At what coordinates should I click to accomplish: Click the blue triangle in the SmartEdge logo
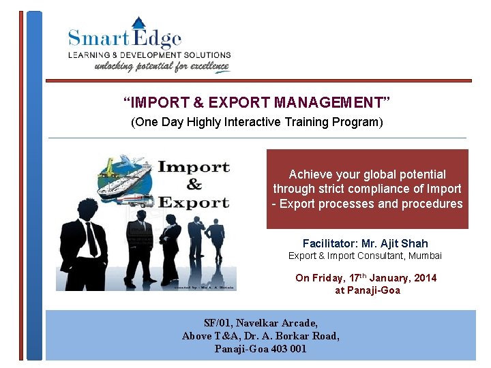[138, 24]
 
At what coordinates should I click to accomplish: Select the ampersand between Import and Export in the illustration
[194, 184]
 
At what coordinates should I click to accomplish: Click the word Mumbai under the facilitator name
[425, 256]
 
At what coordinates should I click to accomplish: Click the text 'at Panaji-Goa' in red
[367, 290]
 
